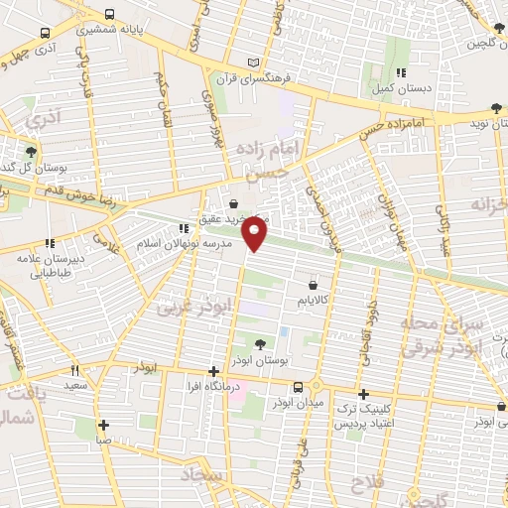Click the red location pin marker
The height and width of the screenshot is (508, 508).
pos(256,232)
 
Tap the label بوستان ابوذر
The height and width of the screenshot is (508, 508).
pos(259,361)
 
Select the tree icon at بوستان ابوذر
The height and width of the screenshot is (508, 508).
pos(259,345)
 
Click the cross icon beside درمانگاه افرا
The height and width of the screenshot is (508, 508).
pos(213,371)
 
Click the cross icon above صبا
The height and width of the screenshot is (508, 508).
pos(103,425)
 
